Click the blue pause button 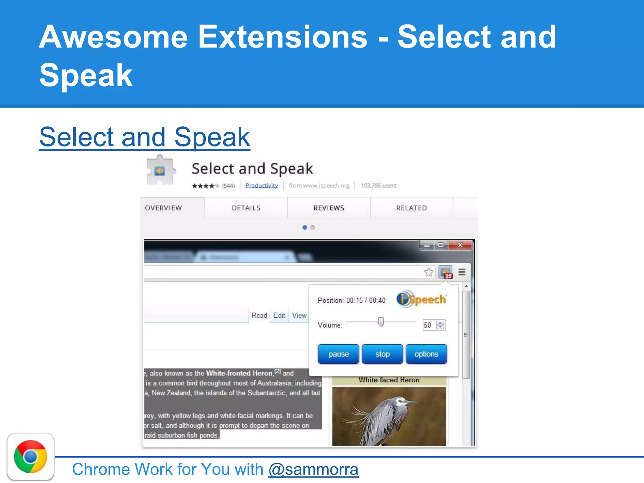(x=338, y=354)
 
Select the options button (x=426, y=354)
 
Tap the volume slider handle (x=381, y=322)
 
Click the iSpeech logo (x=421, y=299)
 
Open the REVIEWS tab (x=329, y=208)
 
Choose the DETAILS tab (x=246, y=208)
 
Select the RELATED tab (x=411, y=208)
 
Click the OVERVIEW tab (x=164, y=208)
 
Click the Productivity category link (x=262, y=186)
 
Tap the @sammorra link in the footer (x=313, y=469)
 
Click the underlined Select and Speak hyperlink (x=144, y=137)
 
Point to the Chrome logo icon (x=31, y=457)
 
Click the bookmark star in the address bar (x=429, y=272)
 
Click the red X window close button (x=460, y=245)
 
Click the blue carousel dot (x=305, y=227)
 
